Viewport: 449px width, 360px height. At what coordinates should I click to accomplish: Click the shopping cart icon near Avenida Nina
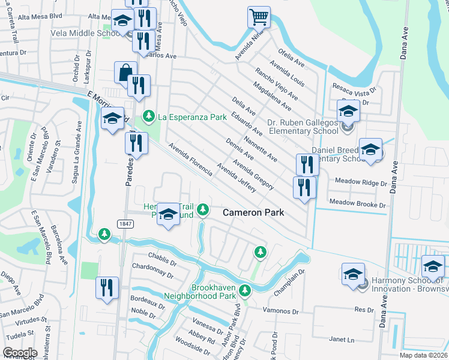tap(259, 17)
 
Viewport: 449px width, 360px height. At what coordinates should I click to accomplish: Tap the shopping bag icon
tap(125, 73)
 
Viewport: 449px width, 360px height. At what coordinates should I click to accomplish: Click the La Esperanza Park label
tap(192, 116)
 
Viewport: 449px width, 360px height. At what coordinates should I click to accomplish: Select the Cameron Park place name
tap(253, 212)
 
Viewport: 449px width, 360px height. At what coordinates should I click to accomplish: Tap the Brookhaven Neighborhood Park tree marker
tap(244, 290)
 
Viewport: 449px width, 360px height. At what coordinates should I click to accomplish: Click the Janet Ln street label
tap(342, 340)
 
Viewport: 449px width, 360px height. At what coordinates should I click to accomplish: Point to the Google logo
tap(20, 353)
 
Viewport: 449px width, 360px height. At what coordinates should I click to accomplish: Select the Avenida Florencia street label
tap(190, 159)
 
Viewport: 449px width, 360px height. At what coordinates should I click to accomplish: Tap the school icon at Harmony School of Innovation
tap(354, 274)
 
